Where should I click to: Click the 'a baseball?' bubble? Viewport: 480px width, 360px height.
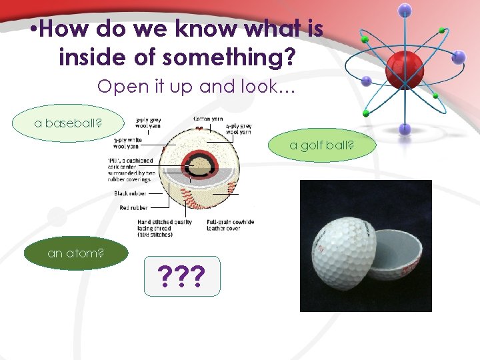click(68, 124)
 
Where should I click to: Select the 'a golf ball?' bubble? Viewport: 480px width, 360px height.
click(321, 145)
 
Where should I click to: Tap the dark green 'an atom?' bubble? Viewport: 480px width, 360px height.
click(75, 253)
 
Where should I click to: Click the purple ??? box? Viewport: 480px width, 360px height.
click(181, 276)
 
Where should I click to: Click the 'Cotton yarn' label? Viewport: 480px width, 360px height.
click(208, 119)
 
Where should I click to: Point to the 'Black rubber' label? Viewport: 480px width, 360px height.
click(131, 193)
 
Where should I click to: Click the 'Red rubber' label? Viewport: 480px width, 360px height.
click(133, 208)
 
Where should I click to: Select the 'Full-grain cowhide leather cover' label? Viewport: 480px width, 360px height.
click(230, 225)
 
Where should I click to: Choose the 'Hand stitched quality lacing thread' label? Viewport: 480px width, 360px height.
click(165, 228)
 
